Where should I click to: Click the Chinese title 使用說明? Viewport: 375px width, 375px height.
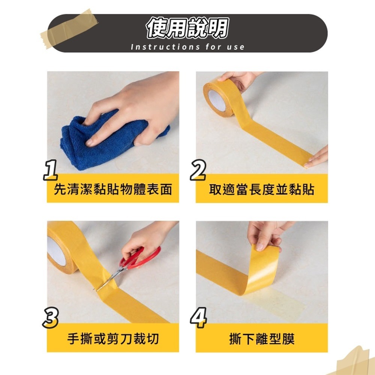coord(187,28)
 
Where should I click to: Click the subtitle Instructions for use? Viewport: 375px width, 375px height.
coord(187,47)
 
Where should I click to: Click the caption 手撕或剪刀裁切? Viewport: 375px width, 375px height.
coord(113,339)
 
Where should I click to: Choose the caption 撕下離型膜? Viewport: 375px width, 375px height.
coord(261,339)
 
